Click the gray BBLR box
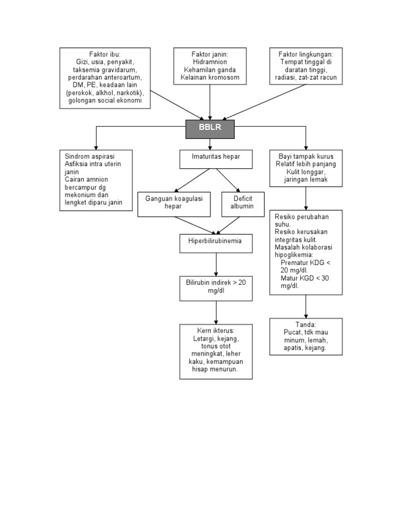pyautogui.click(x=210, y=129)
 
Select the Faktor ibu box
pyautogui.click(x=104, y=78)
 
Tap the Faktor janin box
pyautogui.click(x=210, y=66)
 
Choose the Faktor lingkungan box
pyautogui.click(x=306, y=66)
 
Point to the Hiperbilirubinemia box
pyautogui.click(x=216, y=242)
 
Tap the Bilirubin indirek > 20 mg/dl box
pyautogui.click(x=216, y=287)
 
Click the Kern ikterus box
pyautogui.click(x=216, y=351)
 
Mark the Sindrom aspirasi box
pyautogui.click(x=96, y=180)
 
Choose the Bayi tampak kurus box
pyautogui.click(x=305, y=168)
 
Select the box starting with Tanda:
pyautogui.click(x=305, y=336)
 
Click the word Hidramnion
pyautogui.click(x=210, y=62)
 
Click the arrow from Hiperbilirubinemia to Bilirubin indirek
pyautogui.click(x=216, y=263)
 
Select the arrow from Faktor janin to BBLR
pyautogui.click(x=210, y=102)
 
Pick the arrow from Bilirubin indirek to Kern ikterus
pyautogui.click(x=216, y=312)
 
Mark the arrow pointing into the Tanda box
pyautogui.click(x=305, y=307)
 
